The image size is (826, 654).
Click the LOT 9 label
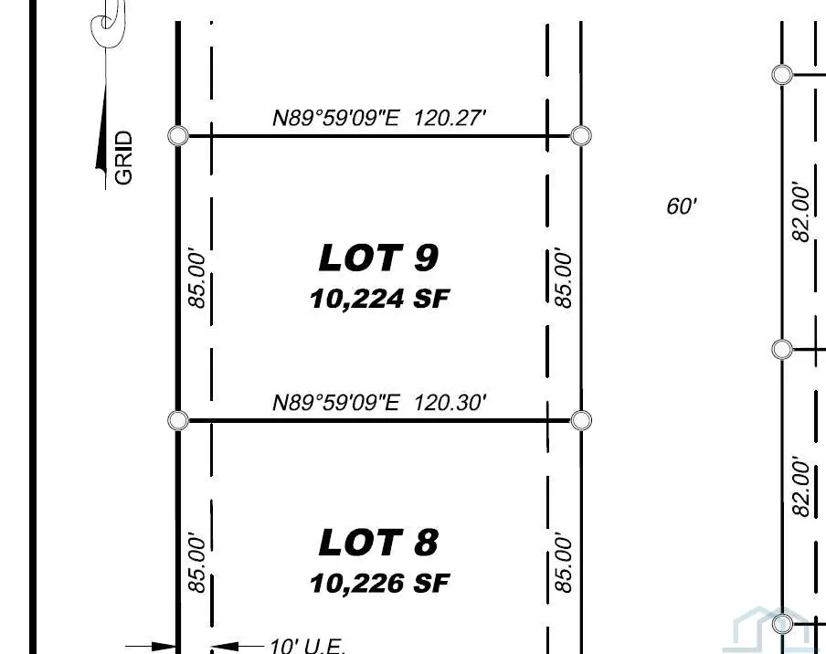378,258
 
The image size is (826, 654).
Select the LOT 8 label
378,543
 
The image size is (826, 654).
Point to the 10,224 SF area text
379,299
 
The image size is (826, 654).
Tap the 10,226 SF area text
379,583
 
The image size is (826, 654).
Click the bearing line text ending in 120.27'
379,118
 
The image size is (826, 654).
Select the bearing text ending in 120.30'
379,402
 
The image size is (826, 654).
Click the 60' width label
682,206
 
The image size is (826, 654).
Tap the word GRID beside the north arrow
124,158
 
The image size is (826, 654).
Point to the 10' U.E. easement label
308,646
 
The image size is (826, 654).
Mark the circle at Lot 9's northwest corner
179,136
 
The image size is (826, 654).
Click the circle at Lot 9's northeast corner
581,136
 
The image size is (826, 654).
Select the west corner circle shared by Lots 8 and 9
179,420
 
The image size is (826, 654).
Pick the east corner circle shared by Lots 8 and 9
581,420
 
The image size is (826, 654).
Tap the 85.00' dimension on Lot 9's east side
565,278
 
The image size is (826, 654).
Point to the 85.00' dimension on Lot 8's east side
565,563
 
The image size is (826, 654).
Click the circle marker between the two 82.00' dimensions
782,349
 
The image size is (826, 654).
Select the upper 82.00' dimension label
801,212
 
